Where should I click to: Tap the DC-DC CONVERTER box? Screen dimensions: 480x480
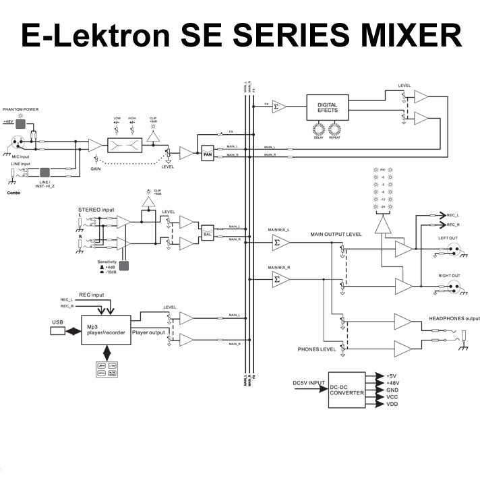pyautogui.click(x=347, y=389)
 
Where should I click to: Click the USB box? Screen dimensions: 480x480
pyautogui.click(x=57, y=331)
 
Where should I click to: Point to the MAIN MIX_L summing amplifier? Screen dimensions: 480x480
pyautogui.click(x=280, y=243)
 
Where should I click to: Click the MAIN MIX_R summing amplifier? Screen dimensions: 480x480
pyautogui.click(x=280, y=278)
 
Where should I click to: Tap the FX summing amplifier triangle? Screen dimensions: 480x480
pyautogui.click(x=280, y=106)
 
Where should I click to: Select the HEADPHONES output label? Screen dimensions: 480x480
pyautogui.click(x=454, y=318)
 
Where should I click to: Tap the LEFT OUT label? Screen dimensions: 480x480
pyautogui.click(x=449, y=238)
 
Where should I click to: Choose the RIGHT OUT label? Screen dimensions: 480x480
pyautogui.click(x=449, y=275)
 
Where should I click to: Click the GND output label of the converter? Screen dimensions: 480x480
pyautogui.click(x=392, y=390)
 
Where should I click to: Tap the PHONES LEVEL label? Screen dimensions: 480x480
pyautogui.click(x=316, y=350)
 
